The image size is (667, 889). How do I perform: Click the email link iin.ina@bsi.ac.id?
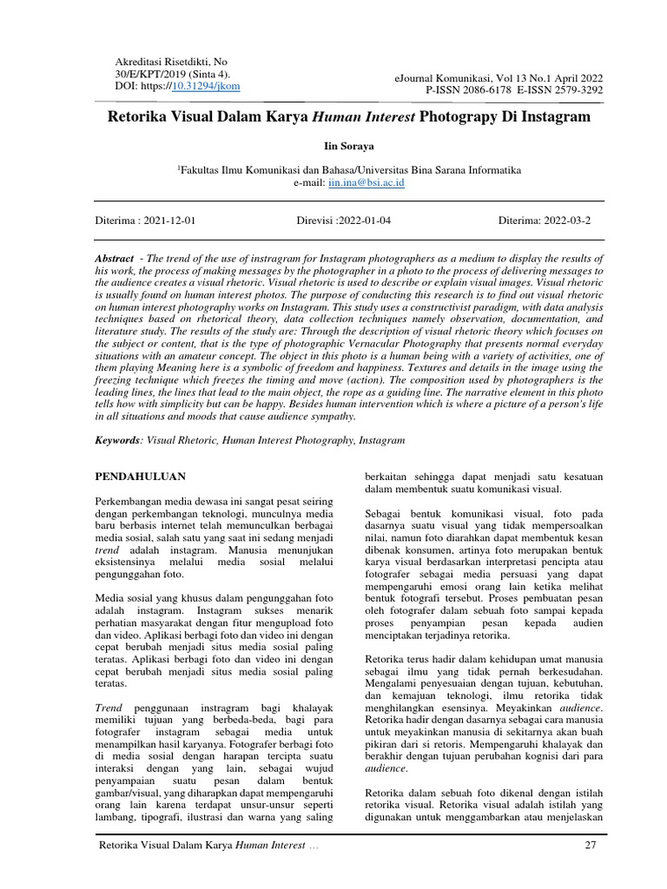pos(366,184)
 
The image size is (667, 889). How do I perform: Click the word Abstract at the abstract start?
pos(115,260)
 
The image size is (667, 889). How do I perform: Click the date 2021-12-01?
pos(169,221)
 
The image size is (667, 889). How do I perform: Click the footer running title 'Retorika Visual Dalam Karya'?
pos(165,846)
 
